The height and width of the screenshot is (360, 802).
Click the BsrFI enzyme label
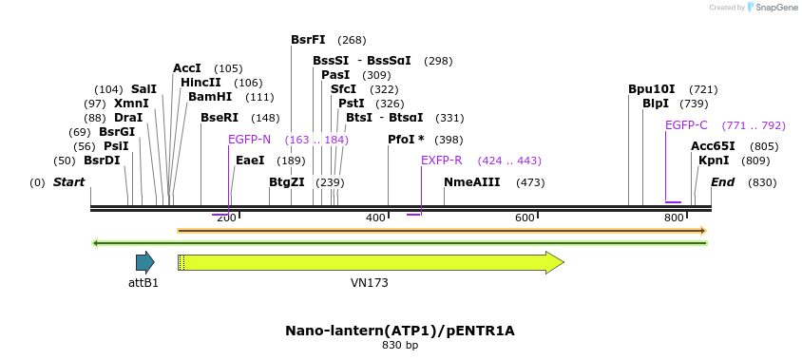click(308, 40)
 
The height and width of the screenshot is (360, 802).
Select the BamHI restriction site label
click(210, 97)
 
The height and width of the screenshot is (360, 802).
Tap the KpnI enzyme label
click(714, 161)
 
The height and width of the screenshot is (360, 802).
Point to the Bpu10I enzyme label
click(651, 89)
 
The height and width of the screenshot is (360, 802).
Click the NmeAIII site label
click(471, 182)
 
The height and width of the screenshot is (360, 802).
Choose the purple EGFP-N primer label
click(249, 140)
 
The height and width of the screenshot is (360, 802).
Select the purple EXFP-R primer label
click(441, 161)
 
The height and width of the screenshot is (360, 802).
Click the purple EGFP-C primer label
click(686, 125)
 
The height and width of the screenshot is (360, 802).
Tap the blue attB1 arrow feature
click(144, 263)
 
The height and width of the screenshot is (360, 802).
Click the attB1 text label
click(143, 283)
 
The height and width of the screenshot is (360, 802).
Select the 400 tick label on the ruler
click(375, 218)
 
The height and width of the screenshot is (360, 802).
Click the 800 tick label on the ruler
click(674, 218)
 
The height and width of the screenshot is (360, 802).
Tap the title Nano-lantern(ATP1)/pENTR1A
click(399, 331)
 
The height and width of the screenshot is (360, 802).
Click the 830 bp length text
click(399, 346)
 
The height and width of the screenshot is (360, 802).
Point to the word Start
click(68, 182)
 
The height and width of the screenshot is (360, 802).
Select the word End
click(722, 182)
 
